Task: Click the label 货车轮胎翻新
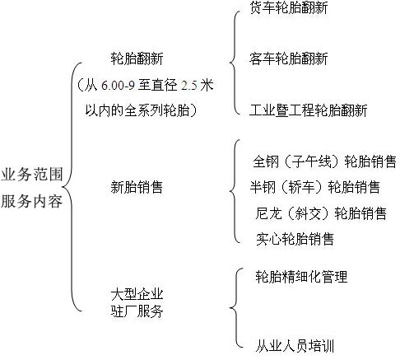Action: click(x=288, y=7)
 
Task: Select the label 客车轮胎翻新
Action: click(x=288, y=58)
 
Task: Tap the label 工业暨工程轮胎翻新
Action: click(x=308, y=110)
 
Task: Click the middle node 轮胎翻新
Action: click(x=137, y=58)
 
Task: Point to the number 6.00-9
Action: click(x=118, y=85)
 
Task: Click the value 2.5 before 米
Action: click(x=189, y=86)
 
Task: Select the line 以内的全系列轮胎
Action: click(x=137, y=110)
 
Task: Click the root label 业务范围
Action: click(x=32, y=175)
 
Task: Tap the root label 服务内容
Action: click(x=32, y=201)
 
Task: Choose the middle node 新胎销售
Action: click(x=137, y=187)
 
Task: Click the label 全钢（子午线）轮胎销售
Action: click(x=324, y=161)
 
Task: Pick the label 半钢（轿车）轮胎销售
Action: click(x=314, y=187)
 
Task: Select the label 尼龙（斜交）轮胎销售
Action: click(x=321, y=213)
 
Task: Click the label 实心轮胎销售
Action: click(x=295, y=239)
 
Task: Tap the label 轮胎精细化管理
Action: click(x=301, y=277)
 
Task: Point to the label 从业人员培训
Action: click(x=295, y=346)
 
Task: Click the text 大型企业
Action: click(x=137, y=295)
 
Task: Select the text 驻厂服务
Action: click(x=137, y=311)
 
